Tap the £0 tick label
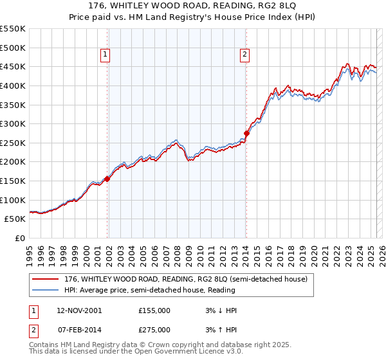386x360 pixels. click(x=20, y=238)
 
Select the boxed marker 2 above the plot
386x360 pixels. click(x=245, y=55)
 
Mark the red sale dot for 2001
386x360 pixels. click(x=107, y=179)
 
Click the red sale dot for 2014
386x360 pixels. click(x=246, y=133)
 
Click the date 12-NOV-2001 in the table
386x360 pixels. click(x=80, y=310)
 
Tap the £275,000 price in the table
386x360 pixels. click(x=154, y=330)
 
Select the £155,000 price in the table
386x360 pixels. click(x=154, y=310)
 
